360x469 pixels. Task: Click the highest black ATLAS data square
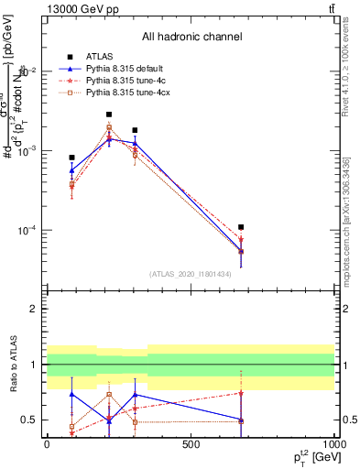tap(109, 115)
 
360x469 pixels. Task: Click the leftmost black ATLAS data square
tap(71, 158)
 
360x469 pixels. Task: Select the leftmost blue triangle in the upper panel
tap(71, 170)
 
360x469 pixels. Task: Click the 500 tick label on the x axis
tap(191, 443)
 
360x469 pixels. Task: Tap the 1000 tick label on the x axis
tap(334, 443)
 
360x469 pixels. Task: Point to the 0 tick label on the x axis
tap(47, 443)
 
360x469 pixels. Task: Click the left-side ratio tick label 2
tap(33, 310)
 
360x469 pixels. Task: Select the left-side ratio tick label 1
tap(33, 365)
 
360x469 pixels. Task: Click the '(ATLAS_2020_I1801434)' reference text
tap(191, 273)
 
